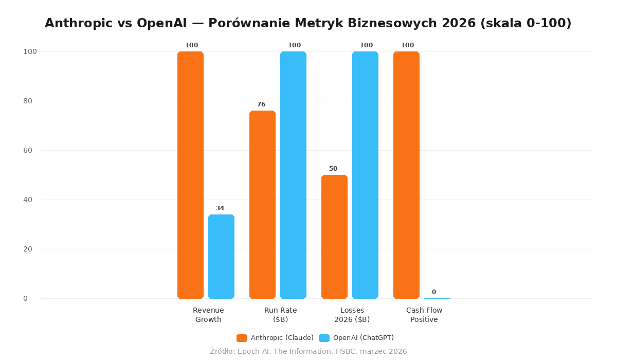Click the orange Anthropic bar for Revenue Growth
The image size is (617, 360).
(190, 175)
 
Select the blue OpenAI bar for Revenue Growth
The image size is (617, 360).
(221, 257)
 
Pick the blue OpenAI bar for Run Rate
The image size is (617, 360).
(293, 175)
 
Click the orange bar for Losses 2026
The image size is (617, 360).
(334, 237)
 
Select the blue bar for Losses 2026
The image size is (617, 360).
(365, 175)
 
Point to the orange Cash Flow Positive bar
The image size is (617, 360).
(406, 175)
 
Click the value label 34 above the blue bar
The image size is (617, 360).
(220, 208)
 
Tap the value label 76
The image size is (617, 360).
(261, 104)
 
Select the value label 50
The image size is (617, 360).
(333, 169)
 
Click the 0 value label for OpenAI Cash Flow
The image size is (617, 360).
(433, 292)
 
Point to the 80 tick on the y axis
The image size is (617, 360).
(28, 101)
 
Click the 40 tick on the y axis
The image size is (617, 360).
(28, 200)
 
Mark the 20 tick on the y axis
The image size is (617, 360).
(28, 249)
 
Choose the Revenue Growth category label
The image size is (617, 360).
(208, 315)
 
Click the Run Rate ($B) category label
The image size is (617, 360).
(280, 315)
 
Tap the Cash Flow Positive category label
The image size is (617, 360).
(424, 315)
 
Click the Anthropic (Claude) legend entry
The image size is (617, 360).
(275, 338)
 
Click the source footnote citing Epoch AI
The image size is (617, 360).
(308, 351)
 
